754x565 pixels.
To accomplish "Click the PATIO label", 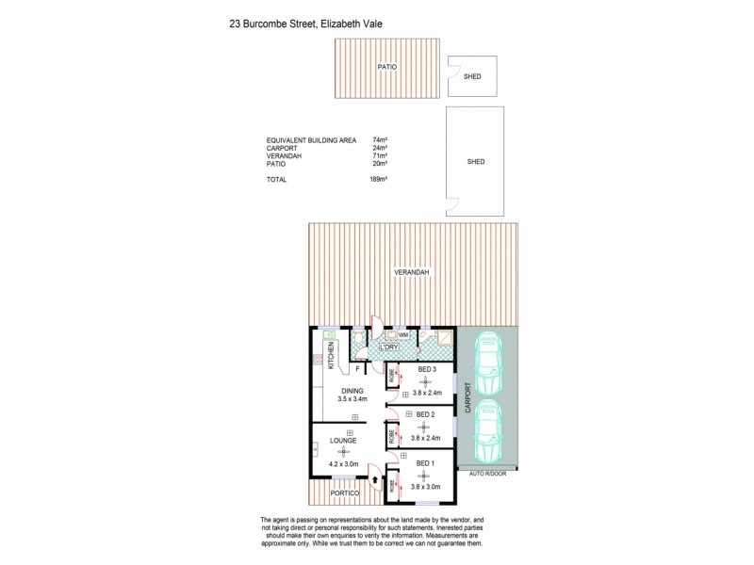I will (385, 67).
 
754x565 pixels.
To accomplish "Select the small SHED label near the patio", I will (471, 77).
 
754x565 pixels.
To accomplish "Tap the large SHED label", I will (476, 162).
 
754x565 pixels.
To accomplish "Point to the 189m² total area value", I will (380, 178).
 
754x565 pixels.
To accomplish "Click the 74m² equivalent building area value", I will (380, 139).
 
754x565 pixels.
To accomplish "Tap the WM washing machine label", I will (402, 334).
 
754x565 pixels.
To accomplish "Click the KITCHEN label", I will (331, 357).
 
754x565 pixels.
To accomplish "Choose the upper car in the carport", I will (488, 363).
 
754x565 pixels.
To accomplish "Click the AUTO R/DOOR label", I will (487, 475).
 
